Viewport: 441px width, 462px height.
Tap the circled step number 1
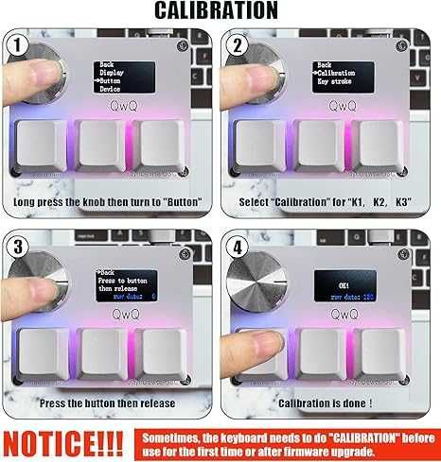point(16,45)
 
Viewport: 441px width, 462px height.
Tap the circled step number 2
point(238,45)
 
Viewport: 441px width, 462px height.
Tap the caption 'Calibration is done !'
point(326,403)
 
